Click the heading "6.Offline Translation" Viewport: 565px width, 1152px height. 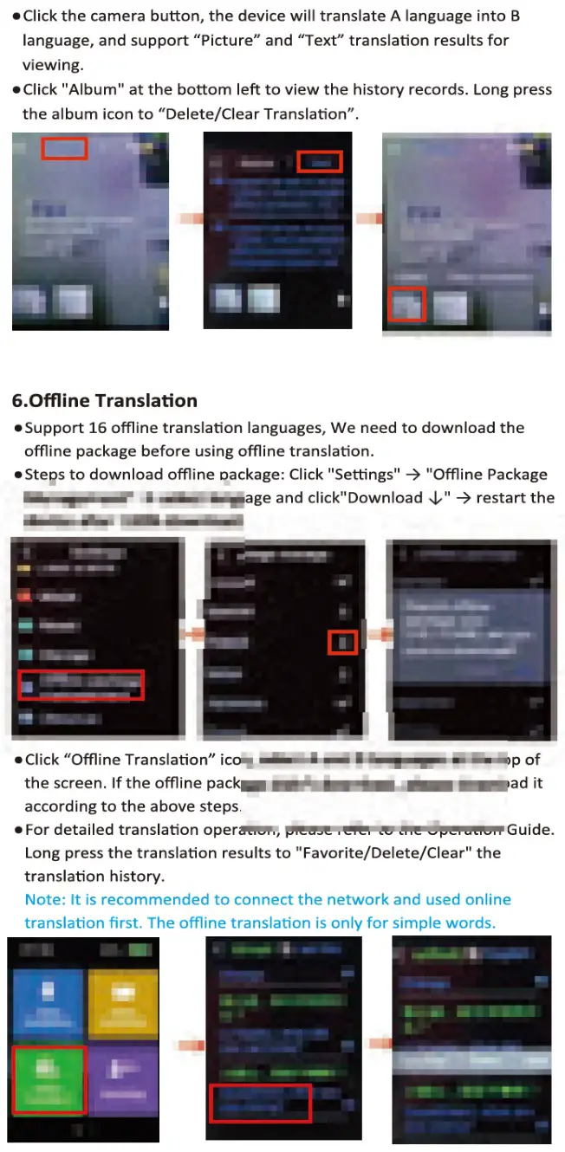tap(104, 400)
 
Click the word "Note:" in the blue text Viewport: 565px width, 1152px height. tap(43, 899)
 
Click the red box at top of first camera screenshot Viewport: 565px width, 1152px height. tap(65, 149)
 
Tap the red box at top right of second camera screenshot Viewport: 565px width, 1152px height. tap(320, 162)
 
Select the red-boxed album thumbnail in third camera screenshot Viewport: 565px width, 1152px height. tap(406, 304)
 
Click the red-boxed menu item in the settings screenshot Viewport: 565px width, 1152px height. tap(81, 684)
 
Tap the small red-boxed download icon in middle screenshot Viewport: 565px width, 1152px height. tap(343, 643)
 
